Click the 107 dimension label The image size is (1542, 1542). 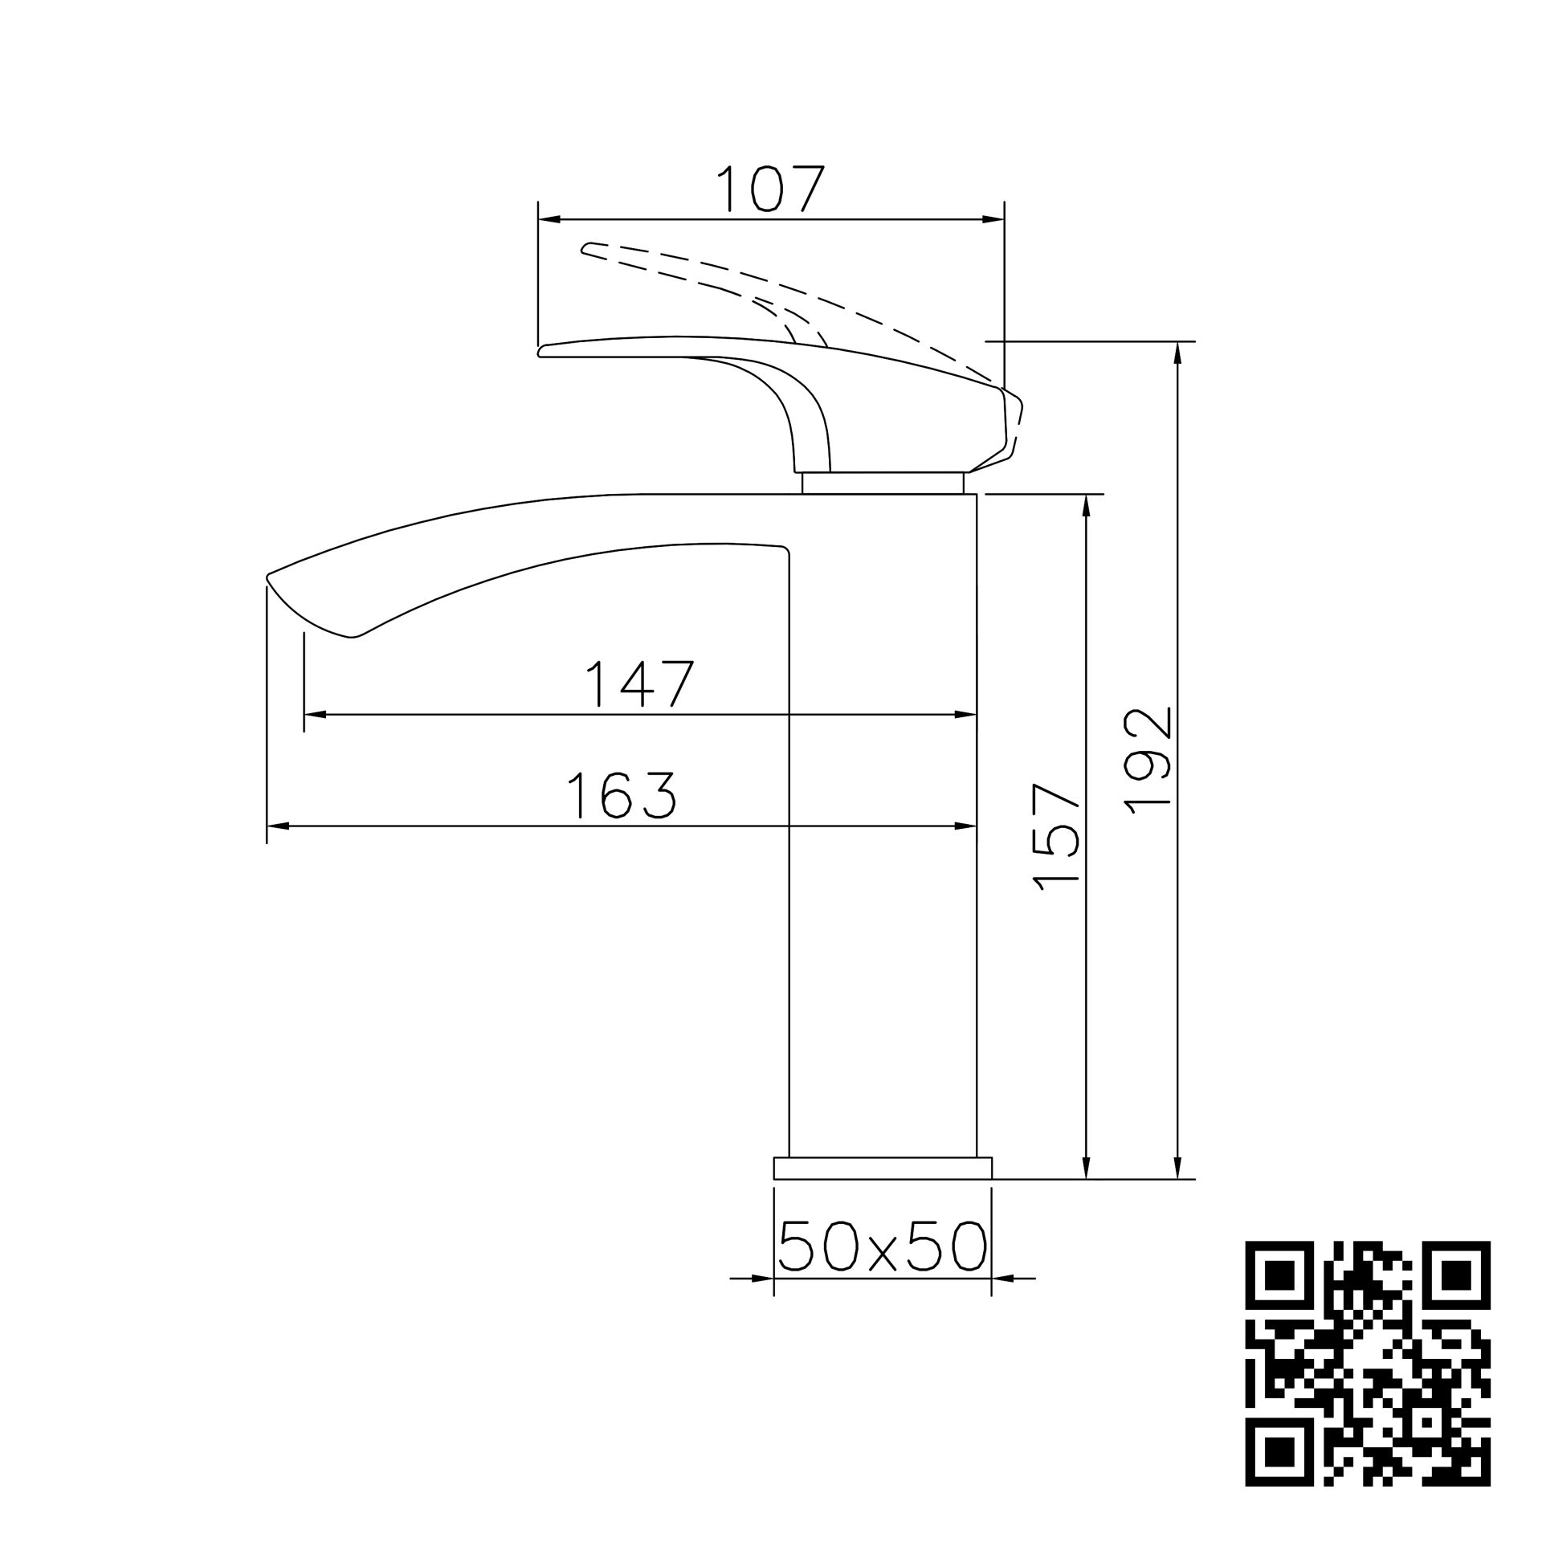point(770,189)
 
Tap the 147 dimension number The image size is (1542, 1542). point(639,683)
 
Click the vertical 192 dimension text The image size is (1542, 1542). point(1148,761)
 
